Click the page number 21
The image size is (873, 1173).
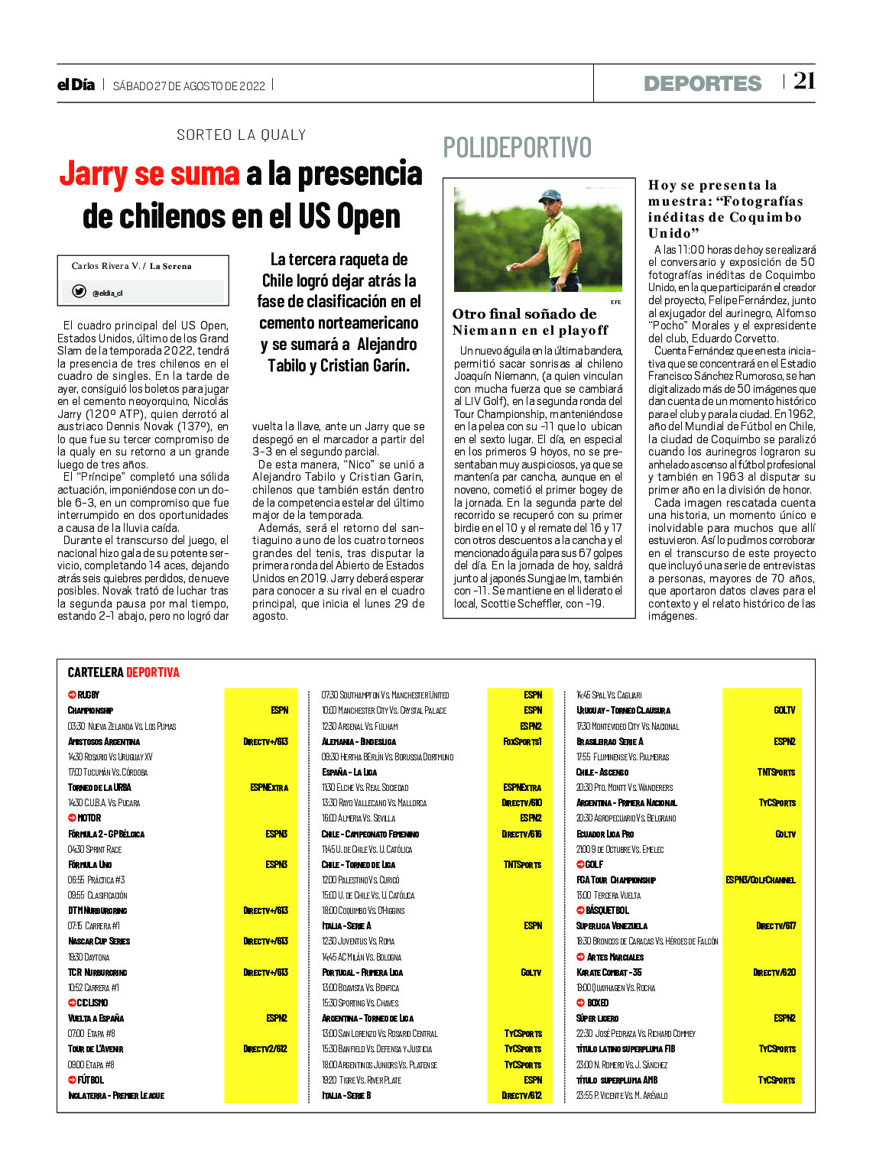tap(803, 81)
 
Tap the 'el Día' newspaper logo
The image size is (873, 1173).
tap(76, 85)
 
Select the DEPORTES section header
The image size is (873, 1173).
tap(702, 83)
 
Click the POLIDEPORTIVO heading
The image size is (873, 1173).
tap(517, 147)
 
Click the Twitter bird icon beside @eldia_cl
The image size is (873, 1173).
tap(79, 291)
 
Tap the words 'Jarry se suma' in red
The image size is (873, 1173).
tap(150, 173)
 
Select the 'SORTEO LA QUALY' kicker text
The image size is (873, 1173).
tap(241, 135)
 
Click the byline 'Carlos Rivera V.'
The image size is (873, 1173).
tap(105, 266)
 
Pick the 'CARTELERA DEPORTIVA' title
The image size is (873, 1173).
tap(123, 672)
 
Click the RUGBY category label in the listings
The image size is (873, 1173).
tap(88, 695)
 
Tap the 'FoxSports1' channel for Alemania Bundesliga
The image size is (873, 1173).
tap(522, 741)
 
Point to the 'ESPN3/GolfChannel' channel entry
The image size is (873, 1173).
tap(760, 880)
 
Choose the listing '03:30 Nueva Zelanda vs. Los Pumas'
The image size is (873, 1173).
tap(122, 726)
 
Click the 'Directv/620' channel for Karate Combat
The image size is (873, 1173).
tap(774, 972)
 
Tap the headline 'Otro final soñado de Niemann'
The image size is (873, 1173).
tap(530, 322)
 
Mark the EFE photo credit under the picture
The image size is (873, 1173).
tap(615, 302)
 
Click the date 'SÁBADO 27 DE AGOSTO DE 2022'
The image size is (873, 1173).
tap(189, 86)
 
